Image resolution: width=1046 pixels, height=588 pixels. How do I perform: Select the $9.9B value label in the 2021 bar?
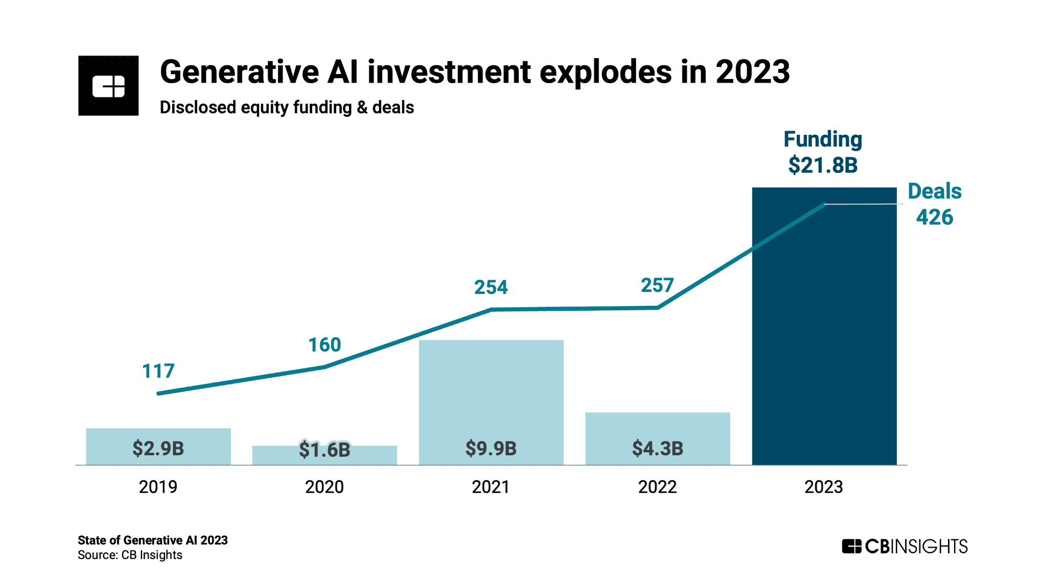click(x=491, y=448)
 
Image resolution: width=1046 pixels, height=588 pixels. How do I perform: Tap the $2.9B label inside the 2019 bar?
click(x=158, y=448)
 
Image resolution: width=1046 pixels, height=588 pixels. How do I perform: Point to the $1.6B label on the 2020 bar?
click(x=324, y=450)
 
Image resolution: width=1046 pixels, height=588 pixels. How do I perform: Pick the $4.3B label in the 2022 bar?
click(x=657, y=448)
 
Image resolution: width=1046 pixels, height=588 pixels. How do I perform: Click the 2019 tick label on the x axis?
click(x=158, y=486)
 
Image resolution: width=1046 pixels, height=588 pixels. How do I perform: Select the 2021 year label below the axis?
click(x=491, y=486)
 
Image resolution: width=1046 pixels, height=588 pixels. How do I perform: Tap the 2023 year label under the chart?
click(x=823, y=486)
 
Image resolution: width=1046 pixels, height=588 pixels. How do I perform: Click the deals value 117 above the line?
click(x=158, y=371)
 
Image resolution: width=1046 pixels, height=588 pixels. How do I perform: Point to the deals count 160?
click(x=324, y=345)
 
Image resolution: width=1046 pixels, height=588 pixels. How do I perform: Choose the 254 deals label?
click(x=491, y=287)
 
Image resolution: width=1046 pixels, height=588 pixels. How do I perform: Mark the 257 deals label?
click(x=657, y=285)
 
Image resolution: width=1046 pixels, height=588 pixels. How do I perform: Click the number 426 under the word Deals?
click(x=934, y=217)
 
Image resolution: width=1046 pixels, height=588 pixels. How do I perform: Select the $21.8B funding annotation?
click(x=823, y=165)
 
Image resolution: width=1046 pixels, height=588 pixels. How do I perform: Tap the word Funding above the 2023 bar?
click(x=823, y=139)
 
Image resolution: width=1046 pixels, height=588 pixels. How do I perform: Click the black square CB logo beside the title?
click(x=108, y=86)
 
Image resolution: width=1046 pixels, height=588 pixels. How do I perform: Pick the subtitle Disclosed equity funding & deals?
click(x=287, y=107)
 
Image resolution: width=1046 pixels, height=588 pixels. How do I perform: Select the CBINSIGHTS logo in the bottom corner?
click(x=905, y=546)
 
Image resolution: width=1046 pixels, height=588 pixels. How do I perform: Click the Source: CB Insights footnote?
click(x=130, y=555)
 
